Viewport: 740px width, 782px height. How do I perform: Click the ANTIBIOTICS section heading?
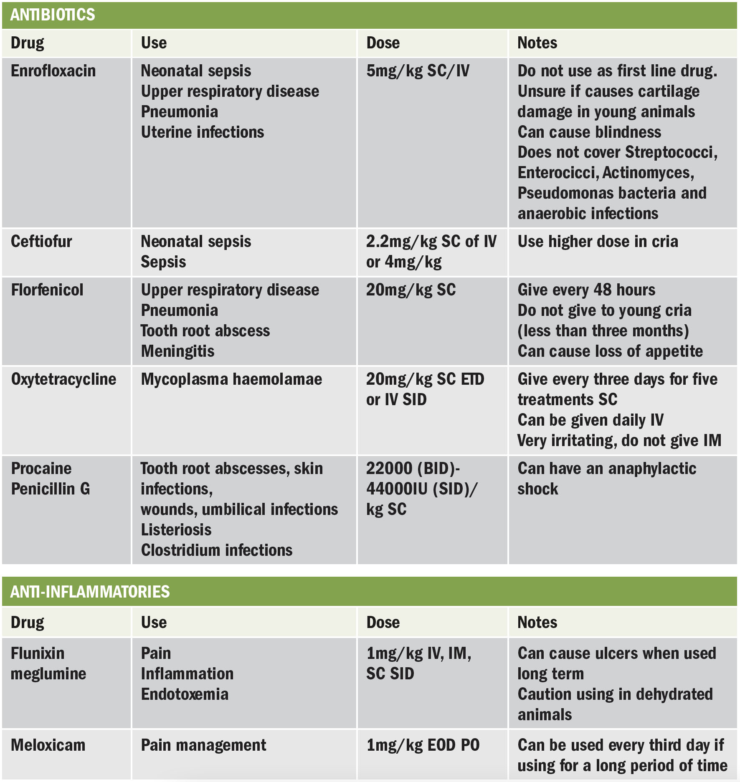point(53,15)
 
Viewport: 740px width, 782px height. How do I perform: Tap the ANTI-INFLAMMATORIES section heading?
point(90,592)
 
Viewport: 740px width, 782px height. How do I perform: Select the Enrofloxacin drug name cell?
point(53,71)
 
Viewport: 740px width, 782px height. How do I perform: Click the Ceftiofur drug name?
point(41,242)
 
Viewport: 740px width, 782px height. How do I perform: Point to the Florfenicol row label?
point(47,290)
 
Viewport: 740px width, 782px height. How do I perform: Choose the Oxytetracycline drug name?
point(63,379)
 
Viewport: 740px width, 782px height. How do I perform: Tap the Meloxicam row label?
point(48,745)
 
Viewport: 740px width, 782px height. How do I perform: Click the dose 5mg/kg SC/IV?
point(418,71)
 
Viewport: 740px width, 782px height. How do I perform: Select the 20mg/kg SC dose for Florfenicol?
point(411,290)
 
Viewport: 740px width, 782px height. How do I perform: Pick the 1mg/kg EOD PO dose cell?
point(423,745)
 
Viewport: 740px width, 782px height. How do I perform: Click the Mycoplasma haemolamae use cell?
point(231,379)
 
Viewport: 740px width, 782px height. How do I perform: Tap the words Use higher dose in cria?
point(598,242)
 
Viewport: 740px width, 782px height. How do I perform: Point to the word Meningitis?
point(177,351)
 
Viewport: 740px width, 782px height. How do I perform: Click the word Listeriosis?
point(176,530)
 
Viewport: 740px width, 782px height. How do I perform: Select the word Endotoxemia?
point(185,694)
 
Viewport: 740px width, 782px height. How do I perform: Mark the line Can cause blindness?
point(589,132)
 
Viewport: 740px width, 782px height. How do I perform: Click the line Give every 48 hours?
point(586,290)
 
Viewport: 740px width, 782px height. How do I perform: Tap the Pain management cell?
point(203,745)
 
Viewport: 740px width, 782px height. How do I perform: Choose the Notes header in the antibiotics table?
point(537,43)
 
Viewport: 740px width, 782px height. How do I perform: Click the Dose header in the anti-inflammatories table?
point(383,623)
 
